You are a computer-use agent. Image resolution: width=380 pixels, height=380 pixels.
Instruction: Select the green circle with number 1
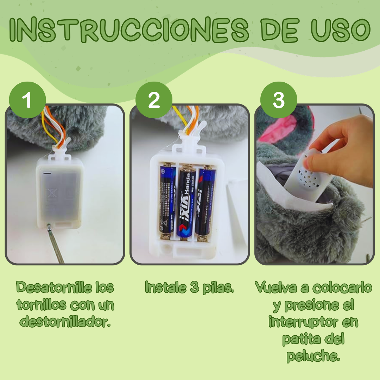point(27,100)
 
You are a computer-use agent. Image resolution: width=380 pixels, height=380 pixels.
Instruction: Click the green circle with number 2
point(154,100)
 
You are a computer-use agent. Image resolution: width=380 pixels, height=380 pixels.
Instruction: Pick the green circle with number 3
point(278,100)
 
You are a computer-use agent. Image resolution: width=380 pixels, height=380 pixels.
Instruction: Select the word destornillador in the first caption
point(65,321)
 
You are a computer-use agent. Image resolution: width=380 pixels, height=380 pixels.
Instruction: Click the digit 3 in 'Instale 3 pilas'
point(194,287)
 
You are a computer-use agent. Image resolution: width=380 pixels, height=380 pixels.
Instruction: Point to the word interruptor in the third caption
point(313,322)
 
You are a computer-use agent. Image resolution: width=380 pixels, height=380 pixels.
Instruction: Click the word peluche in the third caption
point(313,356)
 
